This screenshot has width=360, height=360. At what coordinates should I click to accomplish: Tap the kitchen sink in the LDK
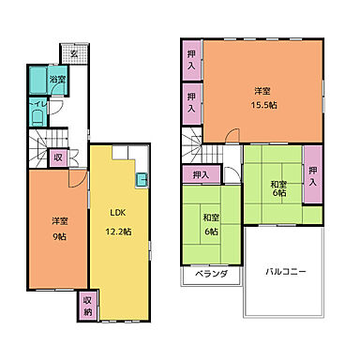tap(141, 180)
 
